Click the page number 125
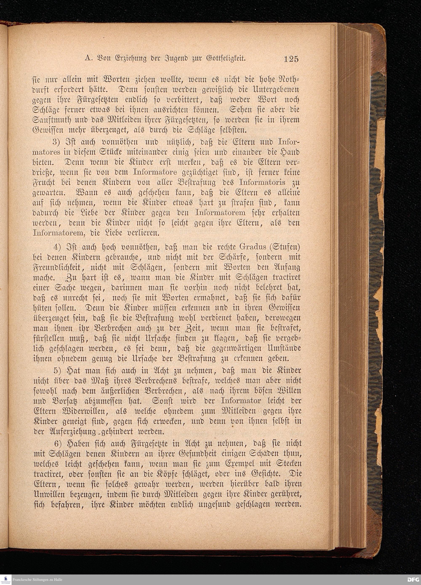(291, 59)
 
